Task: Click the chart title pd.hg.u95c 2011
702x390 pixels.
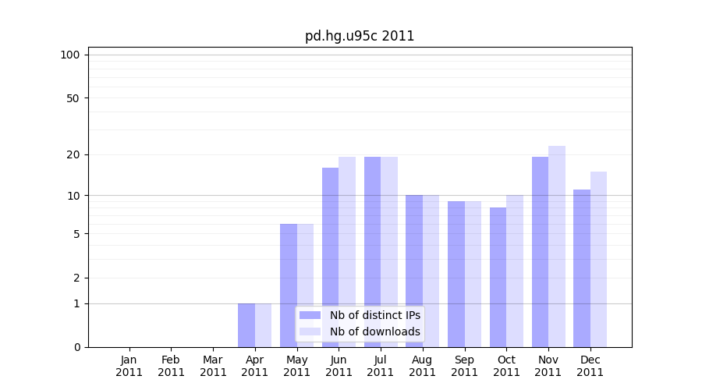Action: (360, 36)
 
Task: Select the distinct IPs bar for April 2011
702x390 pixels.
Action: (246, 325)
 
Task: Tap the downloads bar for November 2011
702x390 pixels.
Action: (557, 246)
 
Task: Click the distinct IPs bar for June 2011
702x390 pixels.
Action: (330, 257)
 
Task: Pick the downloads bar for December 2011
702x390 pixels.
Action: (598, 259)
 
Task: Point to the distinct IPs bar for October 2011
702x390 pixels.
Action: (498, 277)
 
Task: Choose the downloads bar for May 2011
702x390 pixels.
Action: (305, 285)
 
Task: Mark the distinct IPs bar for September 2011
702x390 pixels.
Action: (456, 274)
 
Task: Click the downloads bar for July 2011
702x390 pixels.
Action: (389, 252)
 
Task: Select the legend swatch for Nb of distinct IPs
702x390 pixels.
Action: (310, 315)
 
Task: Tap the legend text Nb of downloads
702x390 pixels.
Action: (375, 331)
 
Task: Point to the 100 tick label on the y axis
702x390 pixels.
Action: (70, 55)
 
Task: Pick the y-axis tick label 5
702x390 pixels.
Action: (76, 233)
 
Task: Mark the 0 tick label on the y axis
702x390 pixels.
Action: (76, 347)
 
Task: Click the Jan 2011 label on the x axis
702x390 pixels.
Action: (129, 366)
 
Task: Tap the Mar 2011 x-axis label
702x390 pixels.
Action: (213, 366)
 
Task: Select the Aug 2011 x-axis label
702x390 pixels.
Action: (422, 366)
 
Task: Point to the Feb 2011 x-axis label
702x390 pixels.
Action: (171, 366)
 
